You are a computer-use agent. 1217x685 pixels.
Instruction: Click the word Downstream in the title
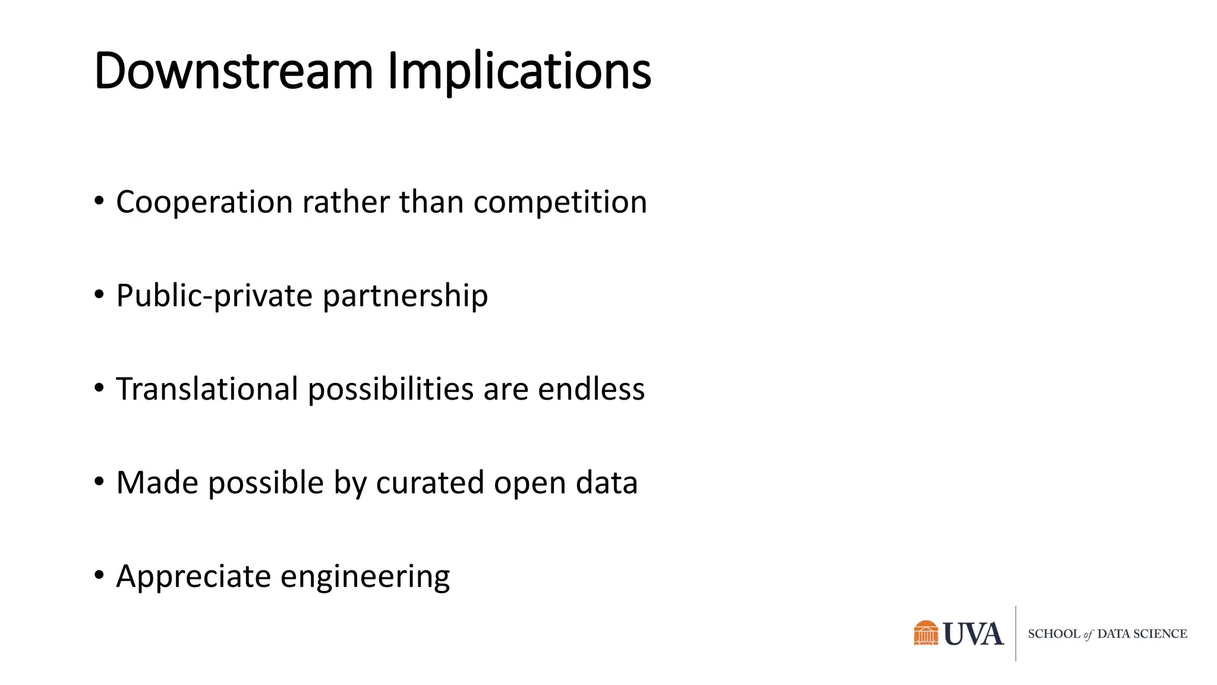(x=233, y=71)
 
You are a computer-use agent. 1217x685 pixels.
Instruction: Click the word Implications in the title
(x=519, y=71)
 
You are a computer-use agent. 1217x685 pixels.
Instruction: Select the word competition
(x=560, y=203)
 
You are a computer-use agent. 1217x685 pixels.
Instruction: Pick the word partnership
(x=405, y=296)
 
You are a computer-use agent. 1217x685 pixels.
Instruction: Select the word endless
(x=591, y=389)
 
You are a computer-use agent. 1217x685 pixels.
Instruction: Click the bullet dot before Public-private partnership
(x=99, y=294)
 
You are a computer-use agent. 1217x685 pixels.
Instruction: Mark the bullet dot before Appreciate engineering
(x=99, y=575)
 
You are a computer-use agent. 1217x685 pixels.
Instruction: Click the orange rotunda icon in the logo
(x=926, y=633)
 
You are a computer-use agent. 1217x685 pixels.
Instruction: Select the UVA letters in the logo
(x=973, y=634)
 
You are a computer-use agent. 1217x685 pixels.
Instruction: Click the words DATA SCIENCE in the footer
(x=1142, y=634)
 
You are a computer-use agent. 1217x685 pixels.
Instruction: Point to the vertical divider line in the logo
(x=1016, y=633)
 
